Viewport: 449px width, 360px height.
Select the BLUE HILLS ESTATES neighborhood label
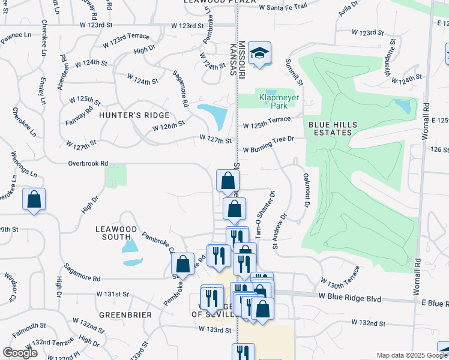coord(333,128)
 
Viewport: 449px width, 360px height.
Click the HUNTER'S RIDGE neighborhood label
coord(134,115)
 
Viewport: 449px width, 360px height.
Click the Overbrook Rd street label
coord(88,163)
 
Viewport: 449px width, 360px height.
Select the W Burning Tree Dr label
coord(268,139)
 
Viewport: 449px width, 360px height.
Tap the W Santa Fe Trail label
coord(283,7)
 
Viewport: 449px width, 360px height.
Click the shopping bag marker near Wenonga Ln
coord(34,200)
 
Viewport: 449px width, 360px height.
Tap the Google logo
coord(20,353)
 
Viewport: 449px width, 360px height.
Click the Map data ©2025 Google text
coord(412,355)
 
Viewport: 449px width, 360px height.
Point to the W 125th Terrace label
coord(267,125)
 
